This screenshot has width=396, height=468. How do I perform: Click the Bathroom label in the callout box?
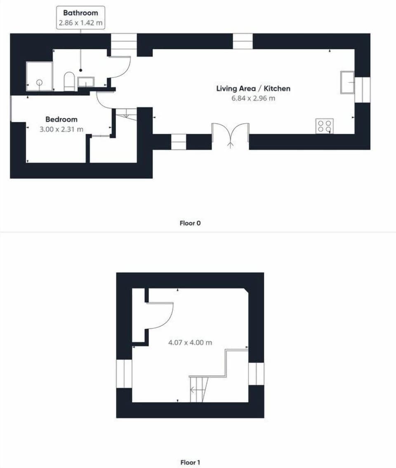(80, 13)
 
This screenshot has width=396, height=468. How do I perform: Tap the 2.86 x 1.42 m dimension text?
(80, 23)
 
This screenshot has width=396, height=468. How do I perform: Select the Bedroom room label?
(61, 119)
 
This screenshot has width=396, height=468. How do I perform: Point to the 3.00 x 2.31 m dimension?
(61, 129)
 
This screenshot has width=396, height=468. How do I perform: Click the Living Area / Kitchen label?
(253, 88)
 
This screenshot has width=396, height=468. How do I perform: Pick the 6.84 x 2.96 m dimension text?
(253, 98)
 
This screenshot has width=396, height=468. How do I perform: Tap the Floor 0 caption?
(190, 223)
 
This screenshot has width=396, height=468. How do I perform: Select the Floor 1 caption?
(190, 462)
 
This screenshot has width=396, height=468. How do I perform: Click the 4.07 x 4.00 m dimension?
(190, 342)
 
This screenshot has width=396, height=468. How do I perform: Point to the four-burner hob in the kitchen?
(325, 126)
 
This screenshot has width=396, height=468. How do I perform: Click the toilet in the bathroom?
(69, 81)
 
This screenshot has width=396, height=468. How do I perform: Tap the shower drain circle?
(40, 82)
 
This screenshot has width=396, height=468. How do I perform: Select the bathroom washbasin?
(86, 82)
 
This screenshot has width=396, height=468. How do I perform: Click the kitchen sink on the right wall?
(347, 82)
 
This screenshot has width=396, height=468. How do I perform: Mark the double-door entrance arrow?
(231, 145)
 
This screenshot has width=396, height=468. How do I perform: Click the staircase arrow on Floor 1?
(196, 389)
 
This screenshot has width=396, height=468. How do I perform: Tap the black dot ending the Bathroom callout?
(80, 70)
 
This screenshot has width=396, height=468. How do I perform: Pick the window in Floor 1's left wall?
(124, 374)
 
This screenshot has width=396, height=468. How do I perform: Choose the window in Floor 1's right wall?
(256, 374)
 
